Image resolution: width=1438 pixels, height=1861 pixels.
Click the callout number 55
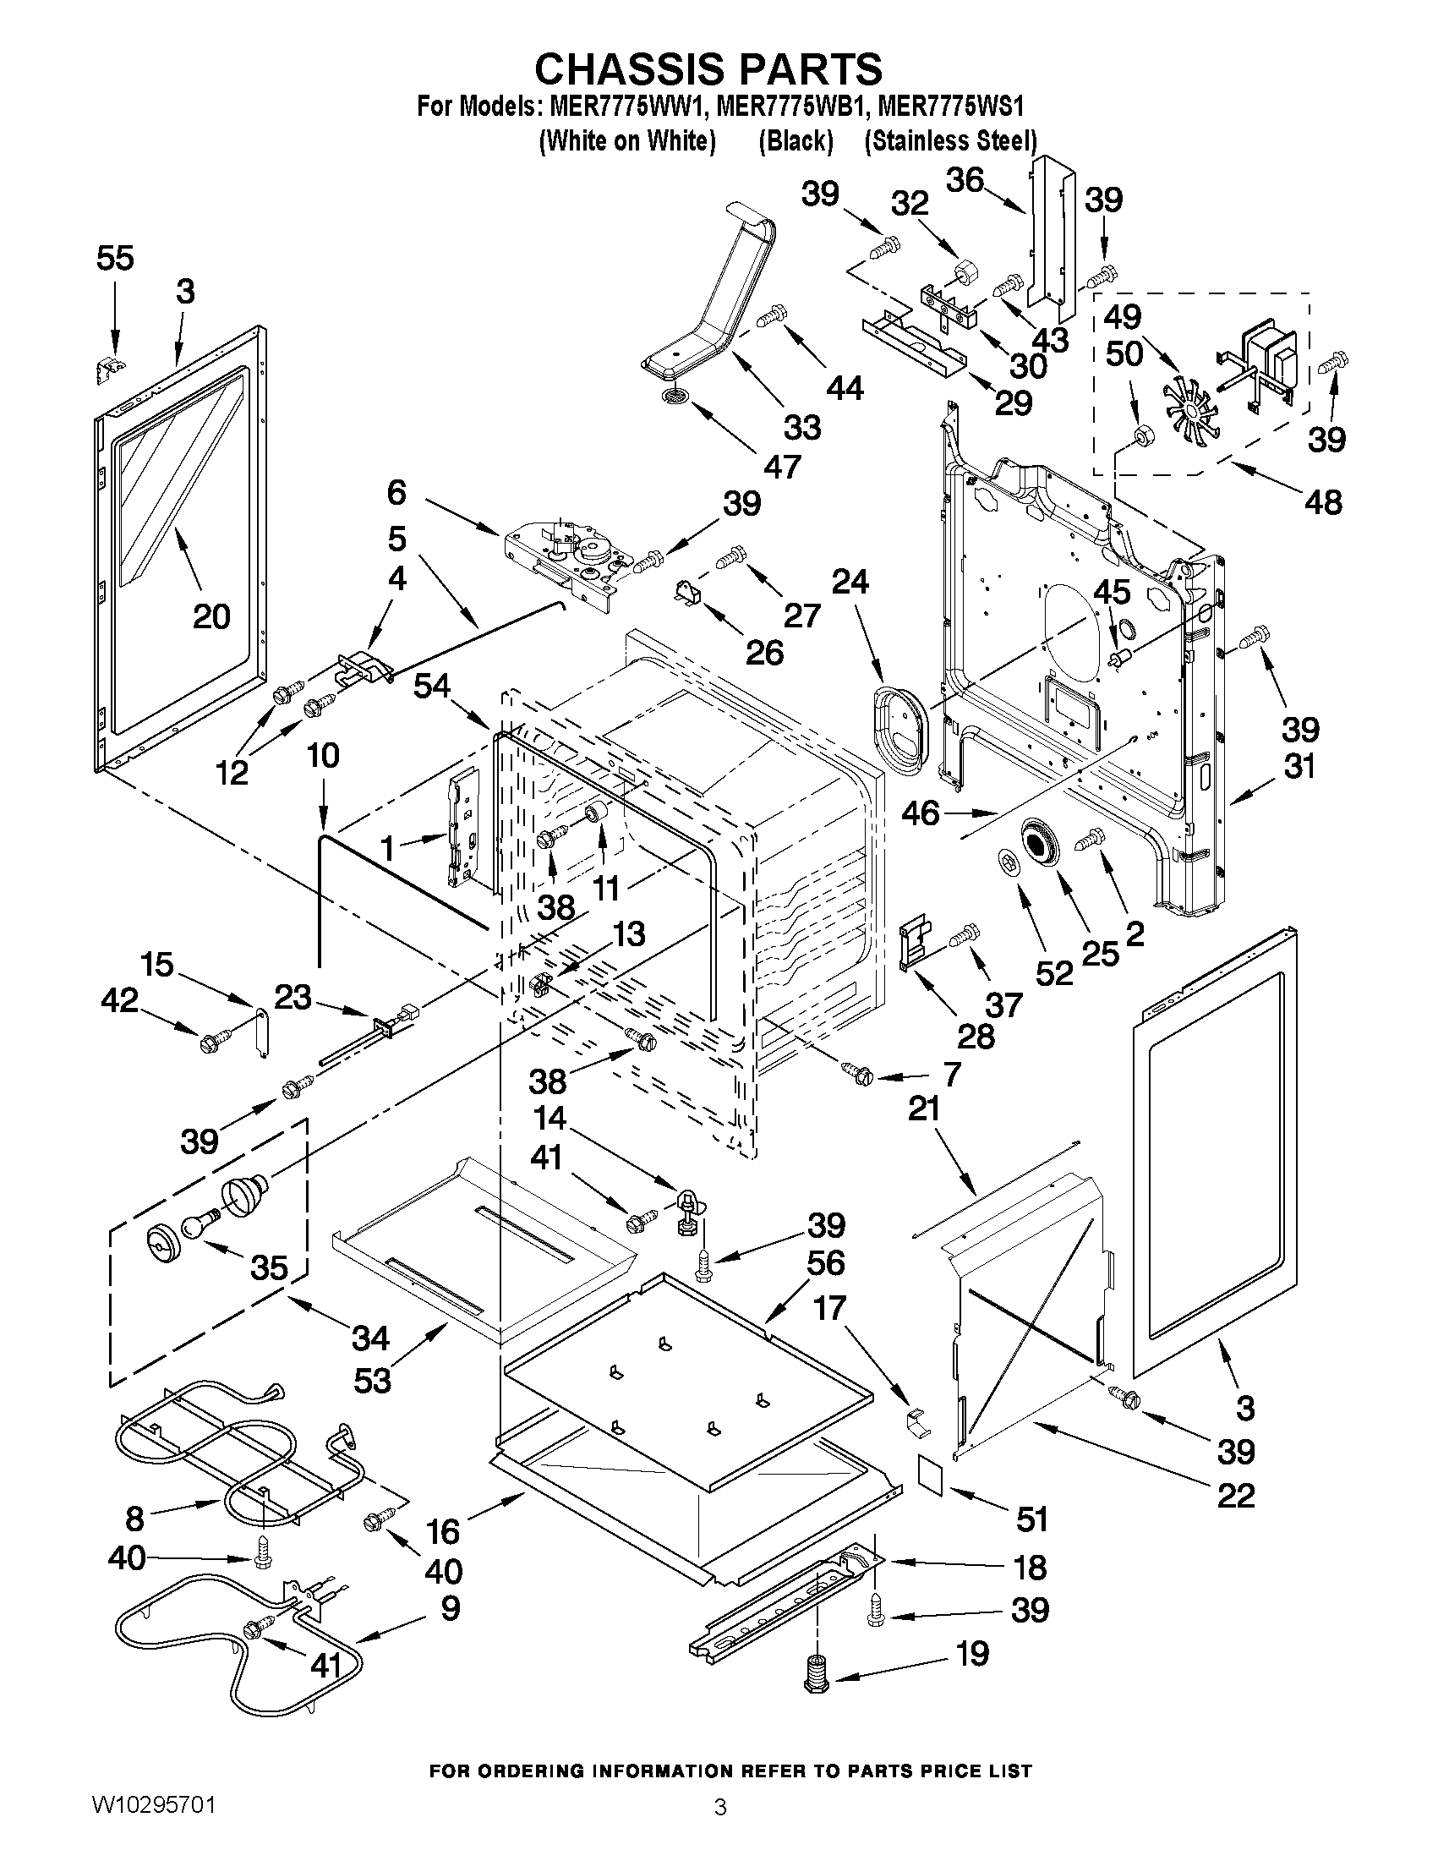[x=115, y=257]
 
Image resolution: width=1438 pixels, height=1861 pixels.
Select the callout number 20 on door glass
[x=211, y=616]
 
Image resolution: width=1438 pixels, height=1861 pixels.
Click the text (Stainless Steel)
[x=951, y=140]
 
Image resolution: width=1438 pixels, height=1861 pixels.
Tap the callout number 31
[x=1299, y=766]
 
